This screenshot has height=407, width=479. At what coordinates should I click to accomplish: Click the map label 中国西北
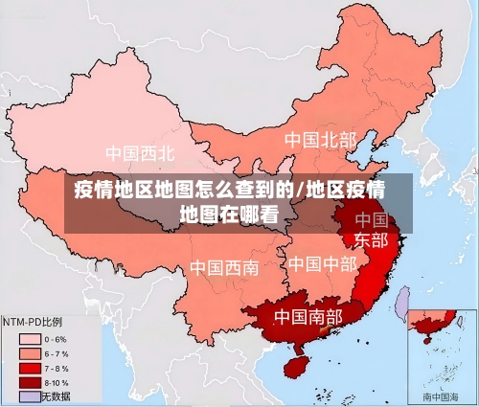pyautogui.click(x=140, y=152)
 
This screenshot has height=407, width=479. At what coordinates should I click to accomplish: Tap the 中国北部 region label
pyautogui.click(x=319, y=140)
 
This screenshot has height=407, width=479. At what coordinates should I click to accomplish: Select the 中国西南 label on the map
pyautogui.click(x=223, y=268)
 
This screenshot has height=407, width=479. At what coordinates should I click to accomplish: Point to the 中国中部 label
pyautogui.click(x=322, y=263)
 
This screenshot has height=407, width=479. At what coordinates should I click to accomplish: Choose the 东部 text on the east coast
pyautogui.click(x=371, y=239)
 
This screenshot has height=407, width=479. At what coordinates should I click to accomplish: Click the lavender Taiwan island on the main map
pyautogui.click(x=402, y=302)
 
